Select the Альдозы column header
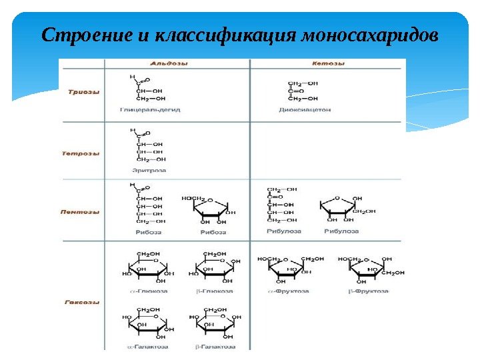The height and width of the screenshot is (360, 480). pyautogui.click(x=169, y=64)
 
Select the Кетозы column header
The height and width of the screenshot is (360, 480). pyautogui.click(x=328, y=64)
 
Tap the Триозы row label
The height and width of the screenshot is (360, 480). pyautogui.click(x=84, y=92)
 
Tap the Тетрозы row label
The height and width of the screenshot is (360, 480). pyautogui.click(x=81, y=153)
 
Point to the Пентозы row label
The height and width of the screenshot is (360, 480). pyautogui.click(x=81, y=212)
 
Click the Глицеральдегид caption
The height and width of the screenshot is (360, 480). pyautogui.click(x=150, y=109)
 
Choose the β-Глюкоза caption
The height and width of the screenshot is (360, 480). pyautogui.click(x=215, y=291)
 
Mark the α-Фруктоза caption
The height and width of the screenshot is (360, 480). pyautogui.click(x=289, y=291)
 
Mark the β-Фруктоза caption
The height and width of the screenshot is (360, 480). pyautogui.click(x=368, y=291)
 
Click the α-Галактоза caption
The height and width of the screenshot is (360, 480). pyautogui.click(x=148, y=347)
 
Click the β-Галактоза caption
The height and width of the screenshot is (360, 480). pyautogui.click(x=215, y=347)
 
